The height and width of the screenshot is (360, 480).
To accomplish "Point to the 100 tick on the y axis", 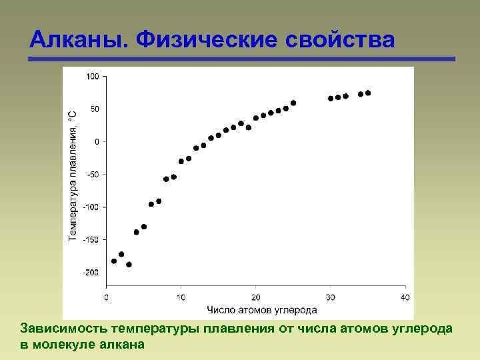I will click(92, 77).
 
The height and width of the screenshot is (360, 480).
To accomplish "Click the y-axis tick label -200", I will click(91, 273).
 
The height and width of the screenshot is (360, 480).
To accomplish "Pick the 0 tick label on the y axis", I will click(96, 142).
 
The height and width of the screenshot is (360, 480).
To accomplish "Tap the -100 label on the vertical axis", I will click(91, 207).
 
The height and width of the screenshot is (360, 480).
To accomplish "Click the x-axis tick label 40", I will click(404, 297).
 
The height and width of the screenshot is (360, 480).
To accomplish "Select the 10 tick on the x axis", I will click(181, 297).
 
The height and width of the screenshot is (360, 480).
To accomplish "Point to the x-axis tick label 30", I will click(330, 297).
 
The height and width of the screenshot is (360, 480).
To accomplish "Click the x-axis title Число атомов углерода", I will click(261, 309).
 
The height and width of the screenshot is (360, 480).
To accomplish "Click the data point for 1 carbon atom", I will click(114, 261).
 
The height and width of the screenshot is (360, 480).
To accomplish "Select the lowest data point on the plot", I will click(129, 265).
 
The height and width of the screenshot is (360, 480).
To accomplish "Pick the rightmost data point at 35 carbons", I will click(368, 93).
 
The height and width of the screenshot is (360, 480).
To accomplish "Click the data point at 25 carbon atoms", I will click(293, 103).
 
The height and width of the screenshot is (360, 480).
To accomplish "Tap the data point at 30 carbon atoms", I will click(331, 99).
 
